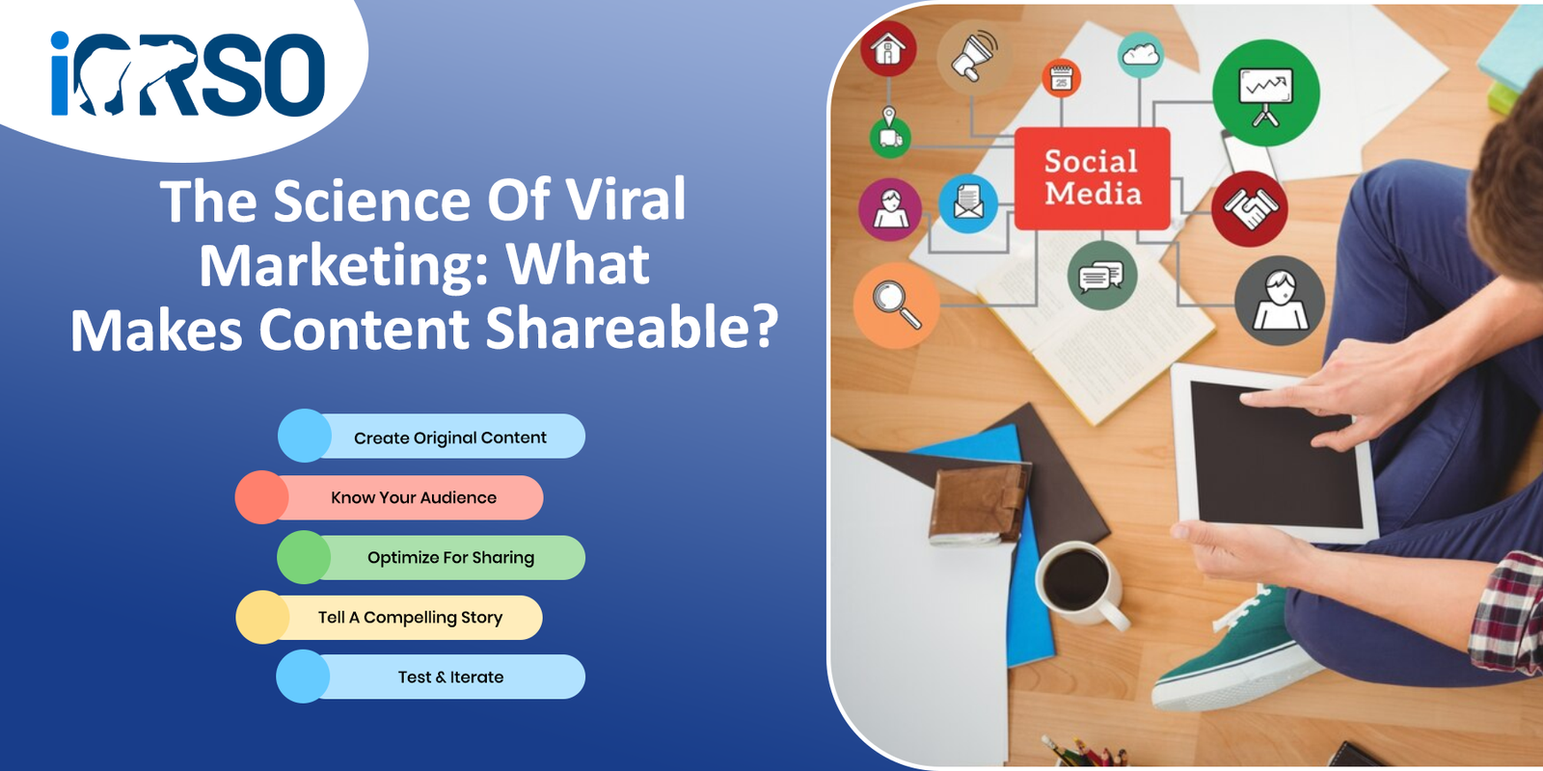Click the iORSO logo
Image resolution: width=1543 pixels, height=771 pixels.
coord(187,73)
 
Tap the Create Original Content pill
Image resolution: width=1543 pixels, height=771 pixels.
coord(432,436)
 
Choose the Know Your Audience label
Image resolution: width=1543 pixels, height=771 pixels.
coord(414,497)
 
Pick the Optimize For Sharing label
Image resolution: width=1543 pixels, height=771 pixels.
coord(450,558)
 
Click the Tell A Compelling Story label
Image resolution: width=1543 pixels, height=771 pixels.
coord(410,618)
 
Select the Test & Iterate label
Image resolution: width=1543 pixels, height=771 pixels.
coord(450,678)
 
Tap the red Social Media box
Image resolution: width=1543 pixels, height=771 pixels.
coord(1092,178)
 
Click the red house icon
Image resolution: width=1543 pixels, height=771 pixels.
coord(888,49)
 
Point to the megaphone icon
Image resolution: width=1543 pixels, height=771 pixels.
coord(973,56)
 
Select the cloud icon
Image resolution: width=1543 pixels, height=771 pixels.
coord(1141,55)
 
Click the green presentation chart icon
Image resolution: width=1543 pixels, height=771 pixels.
coord(1266,93)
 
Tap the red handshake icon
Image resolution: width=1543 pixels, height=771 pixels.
coord(1250,208)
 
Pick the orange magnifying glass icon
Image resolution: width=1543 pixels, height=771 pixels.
coord(896,305)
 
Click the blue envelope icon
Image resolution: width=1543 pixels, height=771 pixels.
coord(968,203)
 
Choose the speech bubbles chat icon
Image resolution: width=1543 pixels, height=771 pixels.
coord(1101,276)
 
